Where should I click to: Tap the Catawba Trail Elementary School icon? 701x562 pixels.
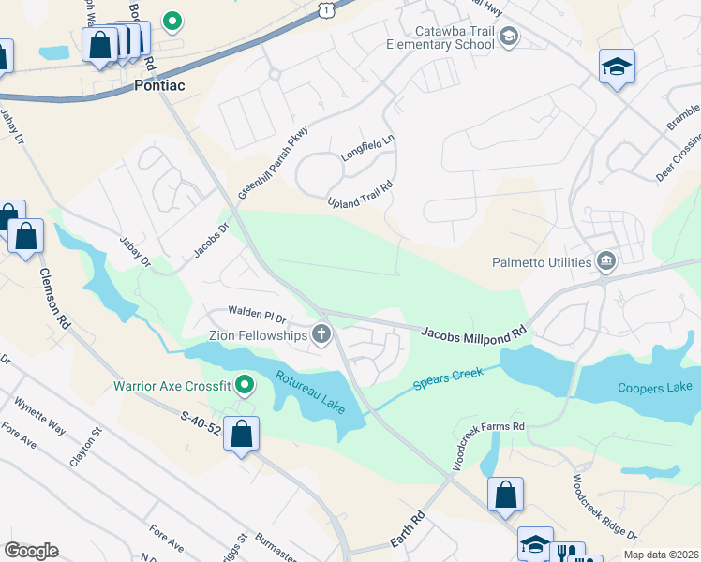click(509, 37)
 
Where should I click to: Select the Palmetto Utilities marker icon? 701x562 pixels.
click(605, 261)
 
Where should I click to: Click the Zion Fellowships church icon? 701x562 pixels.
click(321, 334)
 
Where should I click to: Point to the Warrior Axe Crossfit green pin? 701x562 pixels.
click(245, 384)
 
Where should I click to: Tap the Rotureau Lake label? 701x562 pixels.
click(309, 392)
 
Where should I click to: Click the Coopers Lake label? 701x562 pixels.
click(654, 387)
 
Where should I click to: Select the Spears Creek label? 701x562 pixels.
click(450, 378)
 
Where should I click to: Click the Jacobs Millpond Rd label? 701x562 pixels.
click(474, 332)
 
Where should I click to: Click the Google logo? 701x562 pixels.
click(31, 551)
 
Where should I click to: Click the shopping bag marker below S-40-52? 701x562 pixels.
click(242, 435)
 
